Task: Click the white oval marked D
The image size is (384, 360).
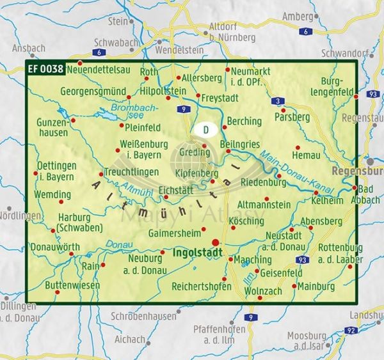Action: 205,130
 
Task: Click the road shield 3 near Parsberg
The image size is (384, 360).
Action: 277,101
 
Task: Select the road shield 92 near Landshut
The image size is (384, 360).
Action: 350,330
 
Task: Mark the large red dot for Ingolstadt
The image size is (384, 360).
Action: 216,242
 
